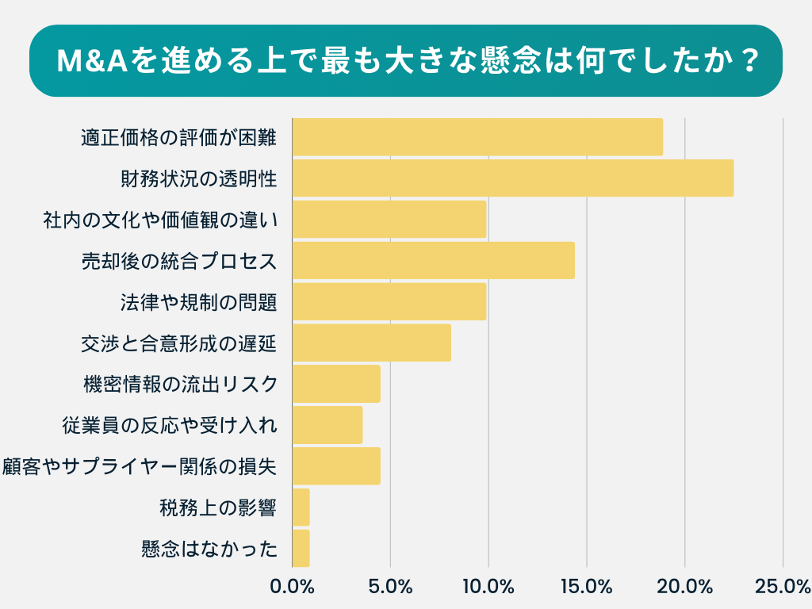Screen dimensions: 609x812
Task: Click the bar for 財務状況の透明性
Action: click(512, 178)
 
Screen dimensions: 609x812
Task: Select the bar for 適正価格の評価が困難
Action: click(477, 137)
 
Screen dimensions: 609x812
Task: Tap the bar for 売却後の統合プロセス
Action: click(433, 261)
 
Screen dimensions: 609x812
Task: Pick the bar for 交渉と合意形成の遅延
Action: click(371, 343)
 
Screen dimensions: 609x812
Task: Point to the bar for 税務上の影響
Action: click(301, 508)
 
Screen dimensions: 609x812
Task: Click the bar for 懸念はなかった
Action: click(301, 549)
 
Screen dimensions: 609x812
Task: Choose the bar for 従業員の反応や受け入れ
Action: click(327, 426)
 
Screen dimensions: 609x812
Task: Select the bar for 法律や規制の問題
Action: click(389, 302)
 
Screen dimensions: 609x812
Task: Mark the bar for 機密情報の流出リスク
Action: click(336, 385)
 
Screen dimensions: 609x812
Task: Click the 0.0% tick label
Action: click(293, 588)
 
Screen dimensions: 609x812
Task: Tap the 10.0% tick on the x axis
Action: click(488, 588)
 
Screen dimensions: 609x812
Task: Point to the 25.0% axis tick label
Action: click(783, 588)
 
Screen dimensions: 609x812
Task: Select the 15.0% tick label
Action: click(587, 588)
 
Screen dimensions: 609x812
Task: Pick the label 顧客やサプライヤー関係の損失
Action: click(140, 467)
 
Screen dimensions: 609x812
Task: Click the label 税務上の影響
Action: click(218, 508)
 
